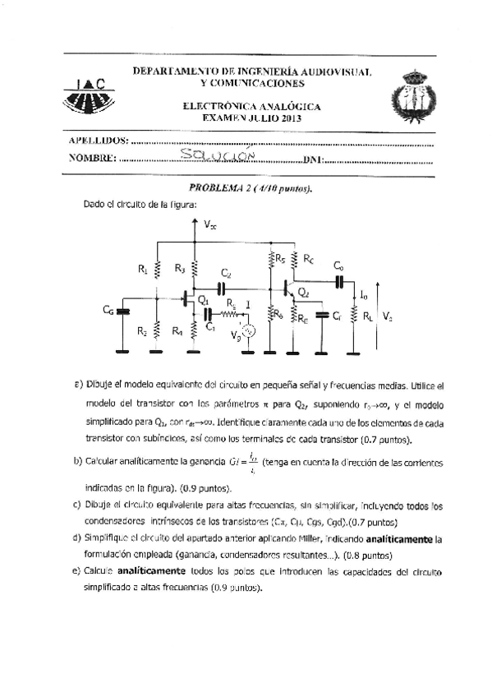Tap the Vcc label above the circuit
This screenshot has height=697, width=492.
point(211,224)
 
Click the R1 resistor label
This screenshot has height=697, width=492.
point(142,268)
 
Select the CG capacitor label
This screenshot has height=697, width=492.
point(108,310)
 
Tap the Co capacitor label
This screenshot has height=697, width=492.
point(338,265)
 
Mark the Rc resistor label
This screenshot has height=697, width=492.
point(308,258)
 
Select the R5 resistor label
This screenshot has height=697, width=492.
point(280,258)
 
